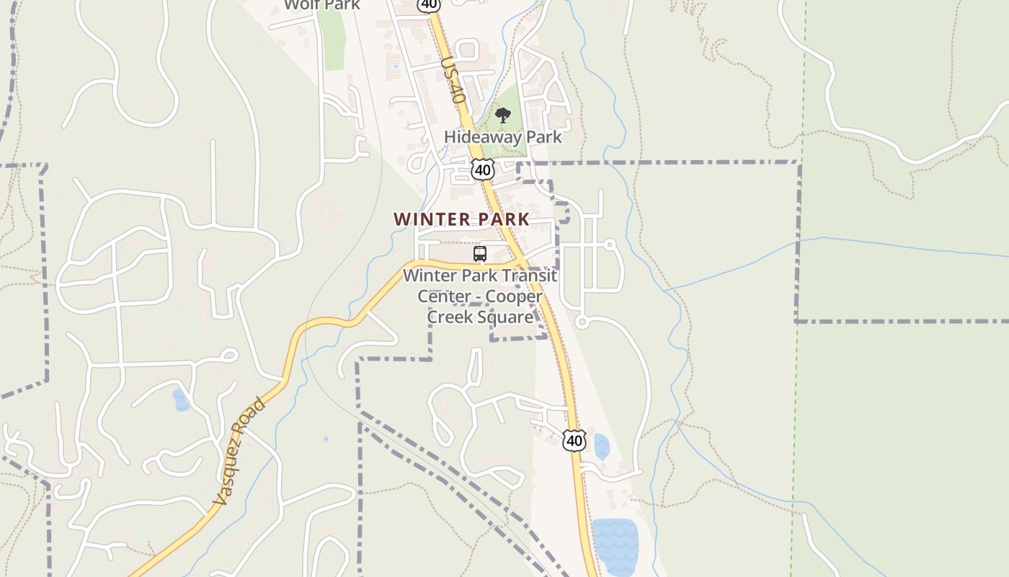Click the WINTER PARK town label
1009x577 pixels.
[x=461, y=219]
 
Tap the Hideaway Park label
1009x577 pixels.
[x=502, y=136]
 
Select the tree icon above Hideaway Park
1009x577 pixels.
[x=503, y=115]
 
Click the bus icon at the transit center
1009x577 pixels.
[x=480, y=254]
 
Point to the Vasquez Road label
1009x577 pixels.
[x=239, y=452]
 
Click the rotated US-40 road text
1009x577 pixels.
[x=452, y=79]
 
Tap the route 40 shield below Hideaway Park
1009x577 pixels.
[x=483, y=170]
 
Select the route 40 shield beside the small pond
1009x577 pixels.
[x=574, y=440]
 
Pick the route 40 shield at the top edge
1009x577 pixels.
[x=428, y=4]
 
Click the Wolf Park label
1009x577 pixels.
[x=321, y=5]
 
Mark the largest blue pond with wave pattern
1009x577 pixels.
[x=615, y=545]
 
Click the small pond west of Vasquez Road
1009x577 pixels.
[x=181, y=400]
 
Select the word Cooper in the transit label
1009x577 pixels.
[x=513, y=296]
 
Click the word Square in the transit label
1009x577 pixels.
[x=509, y=317]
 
